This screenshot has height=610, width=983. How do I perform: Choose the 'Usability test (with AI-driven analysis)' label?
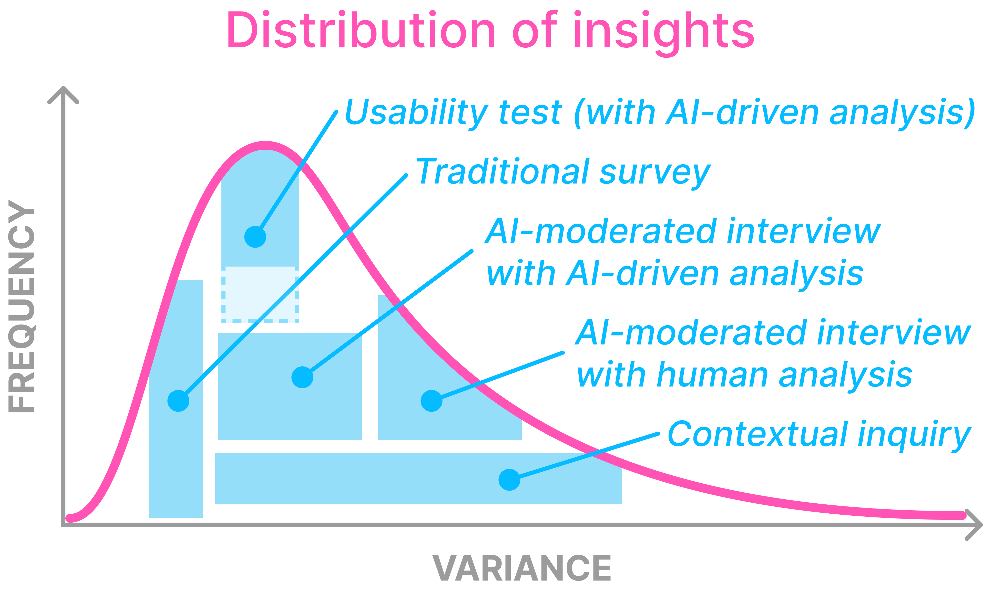tap(660, 113)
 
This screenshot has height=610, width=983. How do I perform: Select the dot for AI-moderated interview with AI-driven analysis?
tap(302, 377)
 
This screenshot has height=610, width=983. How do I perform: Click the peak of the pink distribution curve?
tap(265, 145)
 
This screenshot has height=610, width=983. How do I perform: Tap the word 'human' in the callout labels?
tap(712, 375)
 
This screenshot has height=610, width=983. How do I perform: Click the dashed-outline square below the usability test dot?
tap(260, 294)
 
